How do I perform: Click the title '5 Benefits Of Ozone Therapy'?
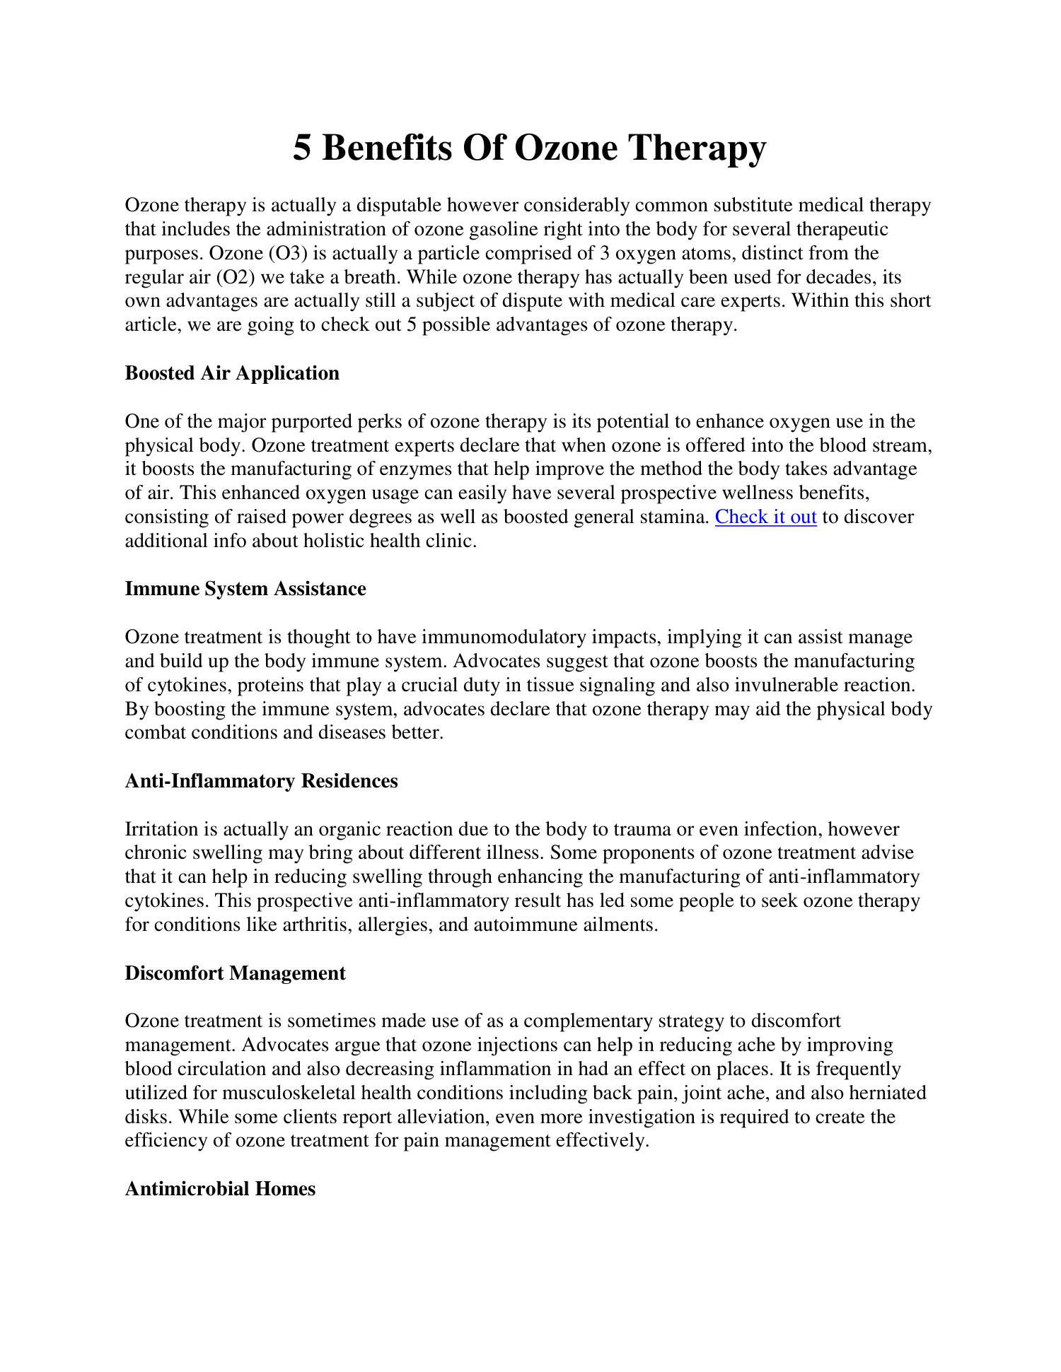click(x=529, y=148)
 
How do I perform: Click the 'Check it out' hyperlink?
click(x=765, y=517)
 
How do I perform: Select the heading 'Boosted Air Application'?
click(x=232, y=373)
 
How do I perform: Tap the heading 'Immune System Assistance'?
click(x=245, y=589)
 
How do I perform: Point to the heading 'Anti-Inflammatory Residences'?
click(x=261, y=781)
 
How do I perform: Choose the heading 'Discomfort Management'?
click(x=235, y=973)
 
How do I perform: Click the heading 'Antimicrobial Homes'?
click(x=220, y=1189)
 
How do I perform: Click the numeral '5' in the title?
click(x=302, y=148)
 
